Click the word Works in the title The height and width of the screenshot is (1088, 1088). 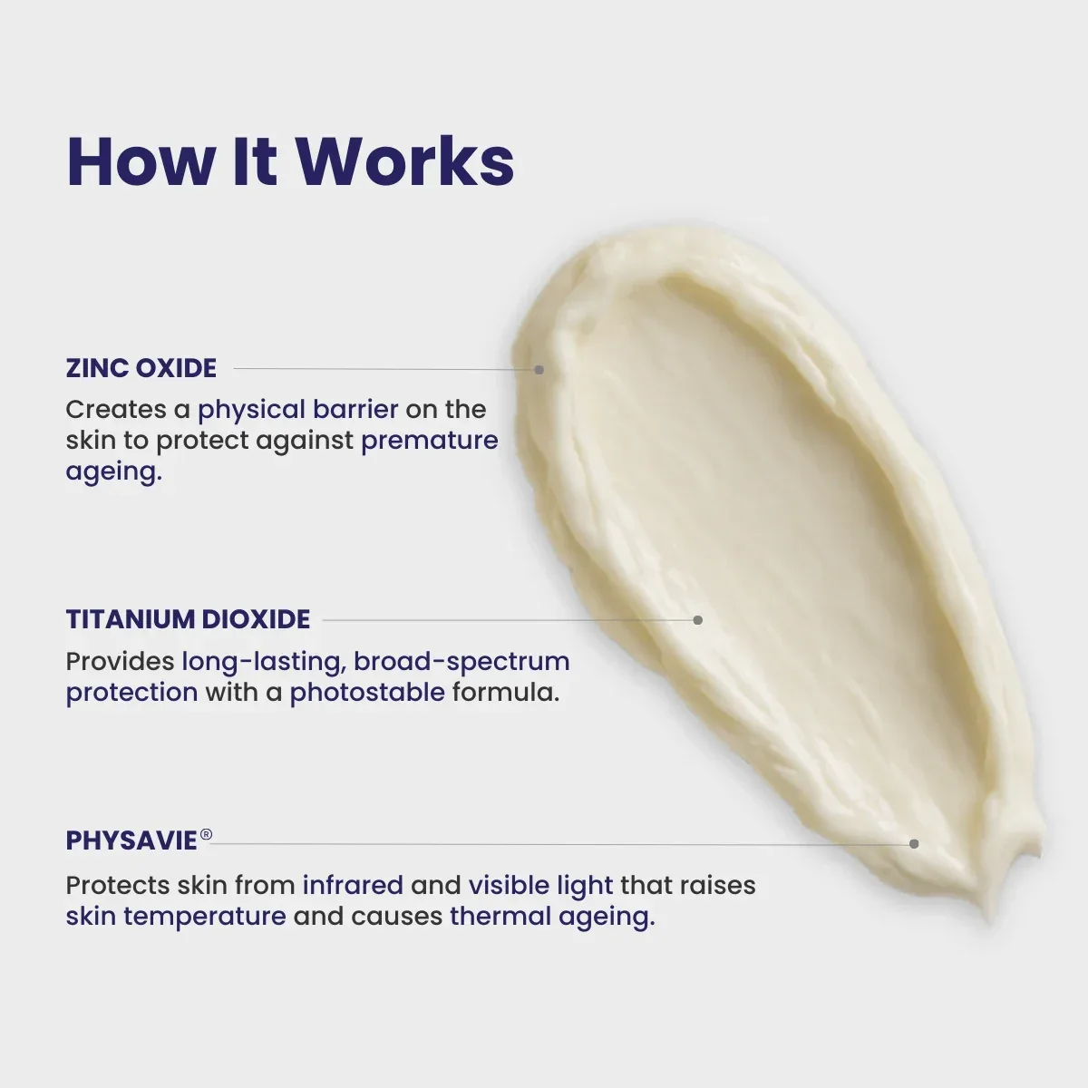[x=405, y=161]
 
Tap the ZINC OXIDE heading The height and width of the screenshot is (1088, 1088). [x=141, y=368]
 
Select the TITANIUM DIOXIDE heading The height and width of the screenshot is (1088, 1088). [x=188, y=619]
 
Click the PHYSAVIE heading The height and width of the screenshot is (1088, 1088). [x=131, y=840]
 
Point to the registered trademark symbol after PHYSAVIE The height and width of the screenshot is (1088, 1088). [x=206, y=834]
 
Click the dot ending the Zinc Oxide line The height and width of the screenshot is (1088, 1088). [x=539, y=370]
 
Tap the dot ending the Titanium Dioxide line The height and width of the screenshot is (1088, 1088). [x=698, y=620]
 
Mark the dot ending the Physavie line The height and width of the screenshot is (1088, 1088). [x=914, y=843]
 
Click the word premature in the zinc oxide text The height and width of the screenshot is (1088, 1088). [x=430, y=442]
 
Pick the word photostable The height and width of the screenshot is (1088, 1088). [x=367, y=692]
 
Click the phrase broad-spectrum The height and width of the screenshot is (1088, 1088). [x=461, y=662]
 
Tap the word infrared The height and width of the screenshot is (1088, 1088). [x=353, y=885]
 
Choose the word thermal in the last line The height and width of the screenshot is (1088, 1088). [x=500, y=916]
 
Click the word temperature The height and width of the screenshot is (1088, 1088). [x=205, y=917]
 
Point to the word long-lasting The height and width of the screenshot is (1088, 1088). [x=264, y=662]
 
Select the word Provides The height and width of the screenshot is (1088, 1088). [x=121, y=661]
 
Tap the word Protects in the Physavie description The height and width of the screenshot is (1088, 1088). [x=118, y=885]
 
